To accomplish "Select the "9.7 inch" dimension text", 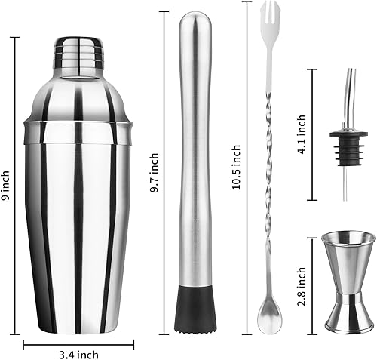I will [x=155, y=174].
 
